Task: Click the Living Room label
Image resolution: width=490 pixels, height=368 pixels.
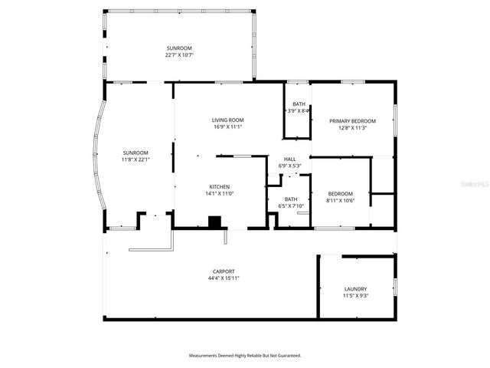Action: tap(228, 120)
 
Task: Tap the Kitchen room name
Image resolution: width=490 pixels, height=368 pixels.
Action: tap(220, 186)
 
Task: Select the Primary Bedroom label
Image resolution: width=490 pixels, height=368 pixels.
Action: tap(353, 121)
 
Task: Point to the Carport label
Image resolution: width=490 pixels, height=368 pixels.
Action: tap(224, 271)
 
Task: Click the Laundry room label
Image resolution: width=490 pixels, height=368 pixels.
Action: tap(355, 288)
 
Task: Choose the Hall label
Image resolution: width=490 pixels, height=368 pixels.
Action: tap(290, 159)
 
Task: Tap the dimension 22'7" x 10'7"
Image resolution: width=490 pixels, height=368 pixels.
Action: tap(179, 55)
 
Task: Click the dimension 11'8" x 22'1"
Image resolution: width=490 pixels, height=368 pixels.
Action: tap(135, 159)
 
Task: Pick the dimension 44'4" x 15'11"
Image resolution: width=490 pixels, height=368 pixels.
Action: tap(224, 278)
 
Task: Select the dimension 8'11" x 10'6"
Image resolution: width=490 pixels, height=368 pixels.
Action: tap(341, 200)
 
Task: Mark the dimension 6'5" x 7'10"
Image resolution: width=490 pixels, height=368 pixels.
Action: tap(291, 205)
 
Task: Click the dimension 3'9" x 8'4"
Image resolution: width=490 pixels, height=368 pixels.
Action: tap(299, 111)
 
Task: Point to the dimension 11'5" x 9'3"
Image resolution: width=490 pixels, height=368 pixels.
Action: tap(355, 295)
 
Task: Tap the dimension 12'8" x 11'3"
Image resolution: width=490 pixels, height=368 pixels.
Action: tap(353, 128)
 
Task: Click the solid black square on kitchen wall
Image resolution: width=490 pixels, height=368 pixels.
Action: tap(215, 222)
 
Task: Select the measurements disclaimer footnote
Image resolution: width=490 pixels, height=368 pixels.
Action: tap(245, 355)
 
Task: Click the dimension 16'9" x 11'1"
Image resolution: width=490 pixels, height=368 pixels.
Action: tap(228, 127)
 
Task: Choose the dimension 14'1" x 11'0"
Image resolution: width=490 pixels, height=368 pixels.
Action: tap(220, 193)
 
